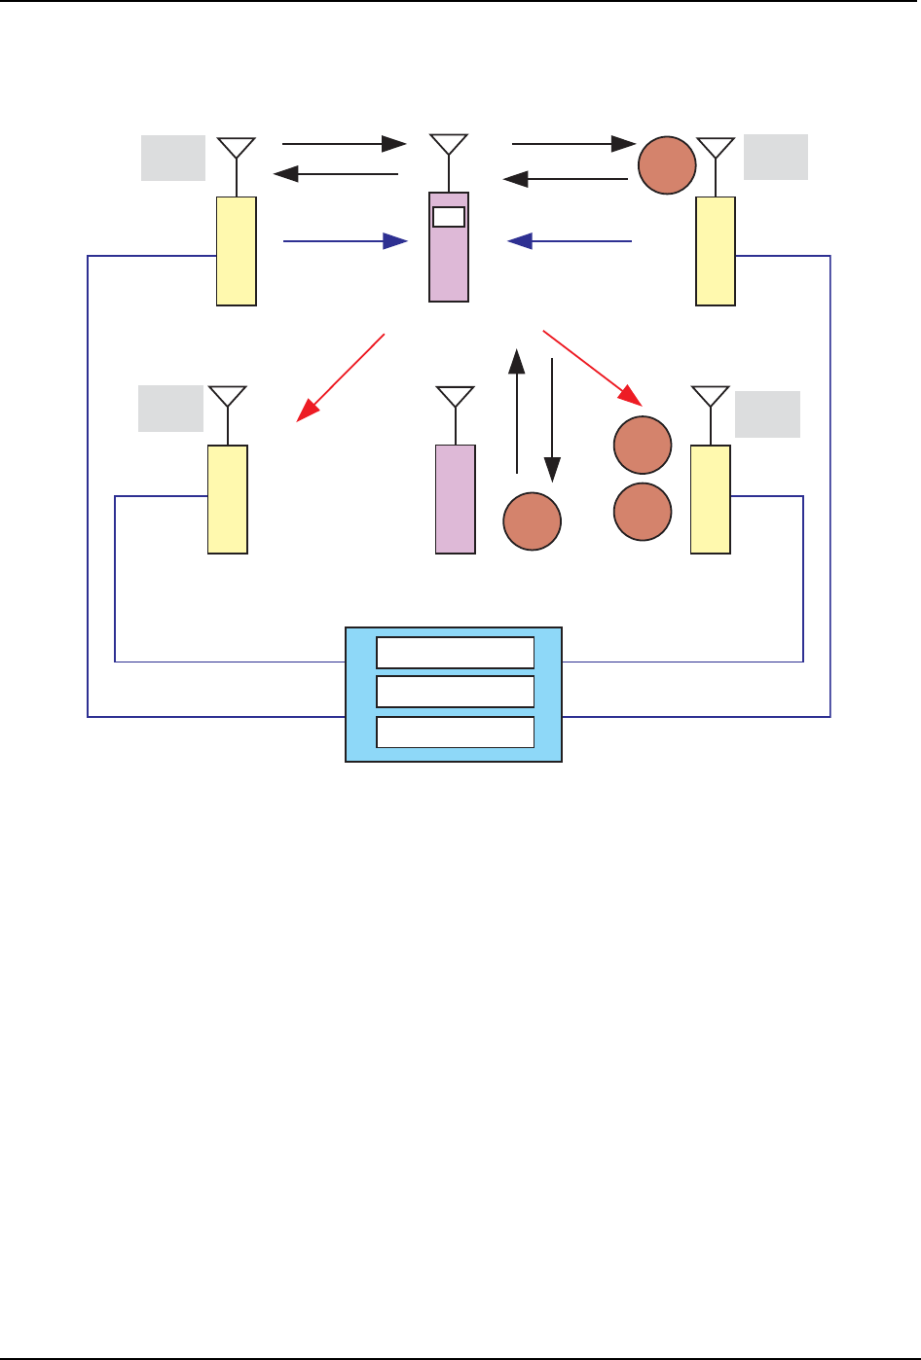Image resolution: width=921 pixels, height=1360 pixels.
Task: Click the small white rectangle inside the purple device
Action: [x=449, y=216]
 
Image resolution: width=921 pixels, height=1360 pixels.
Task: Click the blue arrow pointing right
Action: [x=345, y=240]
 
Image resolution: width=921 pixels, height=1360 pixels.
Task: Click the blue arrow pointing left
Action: [x=570, y=240]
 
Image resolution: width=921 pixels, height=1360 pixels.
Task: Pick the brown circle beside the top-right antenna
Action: [x=667, y=165]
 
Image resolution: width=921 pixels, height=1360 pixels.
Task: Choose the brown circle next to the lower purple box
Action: [x=532, y=522]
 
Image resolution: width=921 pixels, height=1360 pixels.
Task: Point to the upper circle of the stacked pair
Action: [x=643, y=446]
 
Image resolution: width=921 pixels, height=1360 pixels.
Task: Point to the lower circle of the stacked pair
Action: [x=643, y=510]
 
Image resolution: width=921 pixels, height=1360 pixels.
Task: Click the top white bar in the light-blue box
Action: [x=456, y=652]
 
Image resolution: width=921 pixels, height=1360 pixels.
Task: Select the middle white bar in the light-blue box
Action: [x=456, y=692]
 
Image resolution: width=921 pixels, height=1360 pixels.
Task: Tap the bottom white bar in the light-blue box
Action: [x=456, y=732]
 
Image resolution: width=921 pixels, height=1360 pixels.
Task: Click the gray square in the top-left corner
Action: [x=173, y=159]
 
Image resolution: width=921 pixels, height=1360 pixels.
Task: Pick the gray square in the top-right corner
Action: [x=776, y=157]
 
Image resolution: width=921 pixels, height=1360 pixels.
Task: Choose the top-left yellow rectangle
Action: [x=237, y=251]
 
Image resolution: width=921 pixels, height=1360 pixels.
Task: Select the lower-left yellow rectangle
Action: [x=228, y=499]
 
